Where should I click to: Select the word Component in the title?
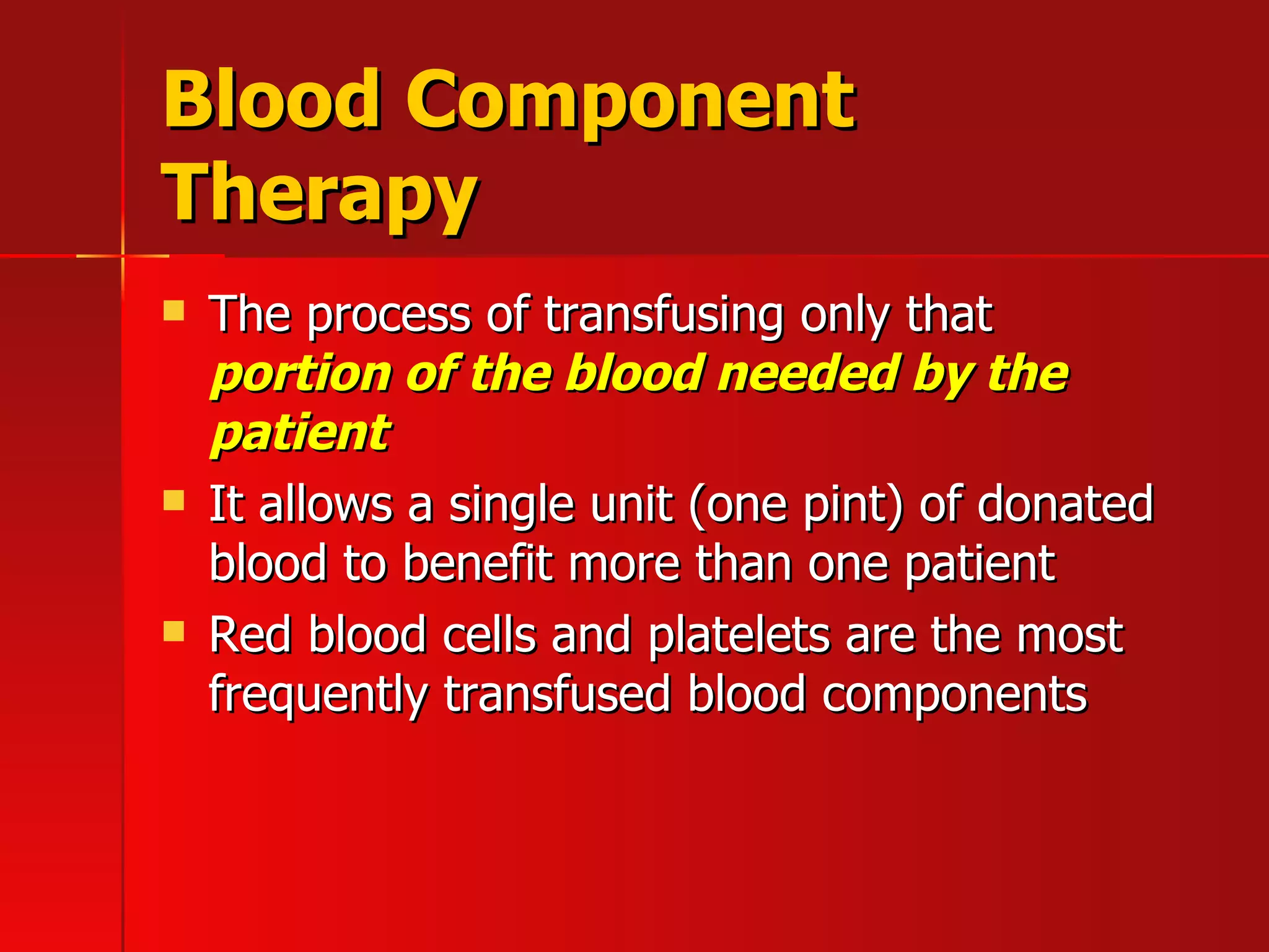630,102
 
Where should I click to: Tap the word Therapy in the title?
319,193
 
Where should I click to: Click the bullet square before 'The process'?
174,311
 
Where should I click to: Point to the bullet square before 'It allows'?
174,500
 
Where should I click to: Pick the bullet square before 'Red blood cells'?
174,631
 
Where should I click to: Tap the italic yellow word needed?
807,374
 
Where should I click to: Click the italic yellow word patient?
302,434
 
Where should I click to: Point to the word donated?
1065,503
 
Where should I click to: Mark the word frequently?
318,696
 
